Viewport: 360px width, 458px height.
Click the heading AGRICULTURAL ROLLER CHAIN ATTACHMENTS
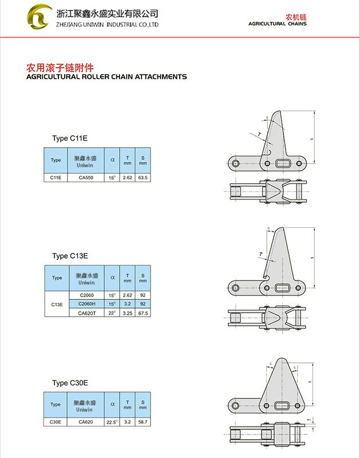pos(106,76)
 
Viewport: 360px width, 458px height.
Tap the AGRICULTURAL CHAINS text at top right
pos(277,23)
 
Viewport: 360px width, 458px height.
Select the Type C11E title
pos(69,139)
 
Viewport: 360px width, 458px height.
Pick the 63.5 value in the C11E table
pos(143,178)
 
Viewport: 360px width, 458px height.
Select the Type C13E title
pos(69,256)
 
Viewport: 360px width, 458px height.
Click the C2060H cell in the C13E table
pos(86,304)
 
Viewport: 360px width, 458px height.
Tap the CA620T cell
pos(86,313)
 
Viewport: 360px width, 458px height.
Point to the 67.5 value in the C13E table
pos(143,313)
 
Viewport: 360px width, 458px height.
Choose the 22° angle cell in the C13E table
pos(112,313)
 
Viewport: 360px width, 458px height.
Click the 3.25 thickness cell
pos(127,313)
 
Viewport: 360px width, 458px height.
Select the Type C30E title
pos(69,383)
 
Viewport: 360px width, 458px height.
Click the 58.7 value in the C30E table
pos(143,422)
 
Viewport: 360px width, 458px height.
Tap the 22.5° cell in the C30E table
pos(112,422)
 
